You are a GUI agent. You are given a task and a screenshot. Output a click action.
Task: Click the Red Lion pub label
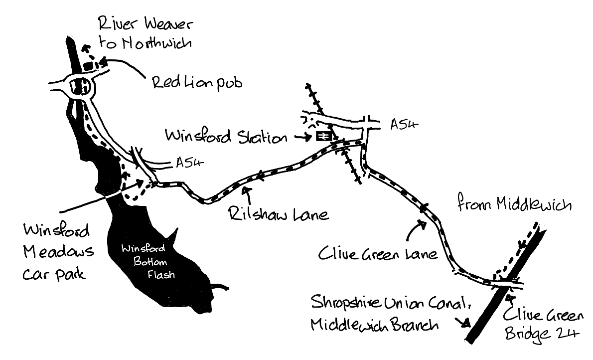197,82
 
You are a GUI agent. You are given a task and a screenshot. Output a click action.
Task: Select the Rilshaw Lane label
279,213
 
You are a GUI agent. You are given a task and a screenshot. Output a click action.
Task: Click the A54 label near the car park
190,163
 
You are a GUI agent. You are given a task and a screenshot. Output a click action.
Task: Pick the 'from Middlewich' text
513,205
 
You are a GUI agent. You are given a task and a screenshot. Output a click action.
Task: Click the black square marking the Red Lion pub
88,65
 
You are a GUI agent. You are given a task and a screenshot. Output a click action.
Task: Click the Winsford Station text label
227,137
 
